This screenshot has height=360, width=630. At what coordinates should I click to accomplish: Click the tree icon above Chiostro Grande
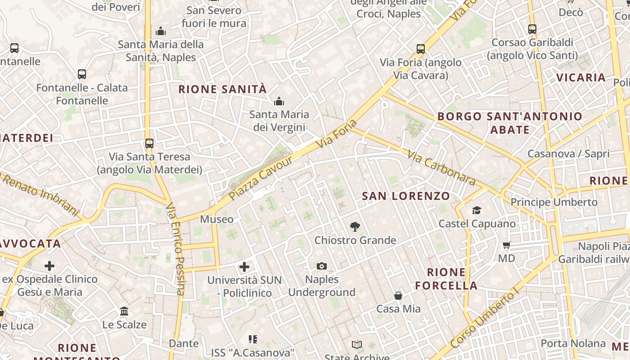tap(355, 227)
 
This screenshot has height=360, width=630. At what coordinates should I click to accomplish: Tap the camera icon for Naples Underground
tap(321, 266)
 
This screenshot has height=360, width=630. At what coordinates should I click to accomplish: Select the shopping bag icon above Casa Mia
tap(398, 296)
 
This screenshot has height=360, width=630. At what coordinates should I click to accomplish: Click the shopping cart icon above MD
tap(507, 245)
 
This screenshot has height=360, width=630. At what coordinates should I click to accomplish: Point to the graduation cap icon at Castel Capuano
tap(477, 210)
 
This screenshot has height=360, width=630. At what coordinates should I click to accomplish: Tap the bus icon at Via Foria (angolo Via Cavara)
tap(421, 49)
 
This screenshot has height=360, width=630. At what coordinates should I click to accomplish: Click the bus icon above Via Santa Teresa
tap(149, 144)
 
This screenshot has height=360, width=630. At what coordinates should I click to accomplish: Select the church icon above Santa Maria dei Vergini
tap(279, 101)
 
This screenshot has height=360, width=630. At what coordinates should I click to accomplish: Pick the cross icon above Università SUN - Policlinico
tap(244, 267)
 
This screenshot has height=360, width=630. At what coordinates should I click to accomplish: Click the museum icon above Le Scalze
tap(124, 311)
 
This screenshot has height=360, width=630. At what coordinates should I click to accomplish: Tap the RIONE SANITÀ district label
tap(222, 89)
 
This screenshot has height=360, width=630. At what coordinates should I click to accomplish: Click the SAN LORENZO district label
tap(406, 196)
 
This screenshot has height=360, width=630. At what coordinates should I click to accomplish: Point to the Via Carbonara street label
tap(441, 168)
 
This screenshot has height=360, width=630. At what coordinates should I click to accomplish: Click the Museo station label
tap(216, 220)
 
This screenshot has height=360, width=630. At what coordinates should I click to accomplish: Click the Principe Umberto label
tap(554, 202)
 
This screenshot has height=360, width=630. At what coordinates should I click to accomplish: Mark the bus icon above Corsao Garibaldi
tap(532, 29)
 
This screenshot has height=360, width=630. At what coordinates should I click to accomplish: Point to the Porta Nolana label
tap(573, 343)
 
